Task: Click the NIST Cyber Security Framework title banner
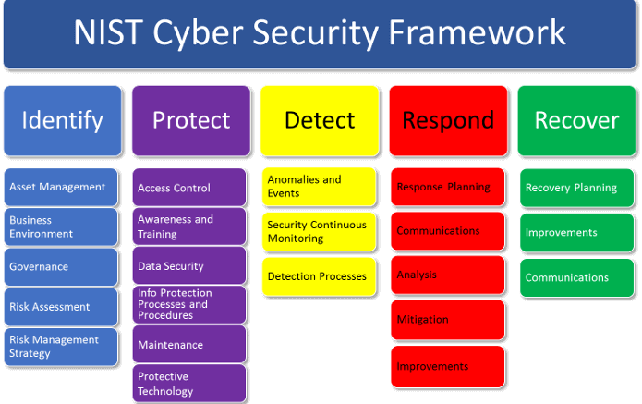320,34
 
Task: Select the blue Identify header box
62,120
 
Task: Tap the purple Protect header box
190,120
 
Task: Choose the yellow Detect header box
319,120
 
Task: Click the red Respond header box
447,120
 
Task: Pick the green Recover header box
576,120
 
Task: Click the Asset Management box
61,187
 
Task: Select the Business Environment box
61,227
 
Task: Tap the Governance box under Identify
61,267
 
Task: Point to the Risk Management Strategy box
61,347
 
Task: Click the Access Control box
188,188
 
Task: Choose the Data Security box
188,266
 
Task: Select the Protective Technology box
188,384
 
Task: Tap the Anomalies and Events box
319,186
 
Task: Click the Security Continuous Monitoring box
319,231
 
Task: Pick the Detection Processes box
319,276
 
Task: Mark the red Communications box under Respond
447,231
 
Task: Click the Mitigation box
447,320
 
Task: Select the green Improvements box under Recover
576,233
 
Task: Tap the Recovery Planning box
576,188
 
